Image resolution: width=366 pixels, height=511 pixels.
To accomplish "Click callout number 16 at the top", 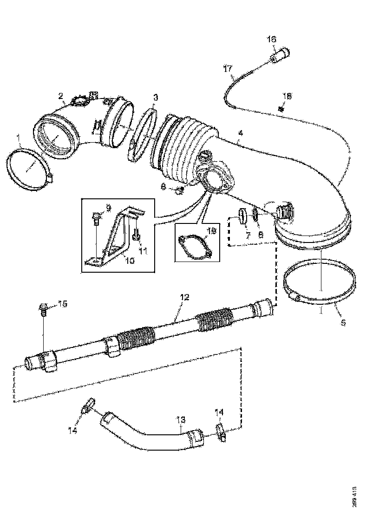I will tap(271, 40).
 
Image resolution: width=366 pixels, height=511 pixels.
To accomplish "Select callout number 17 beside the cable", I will tap(227, 69).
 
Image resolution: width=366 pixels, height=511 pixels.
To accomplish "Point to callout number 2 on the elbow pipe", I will tap(61, 96).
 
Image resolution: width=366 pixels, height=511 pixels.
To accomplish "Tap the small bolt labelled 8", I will tap(179, 190).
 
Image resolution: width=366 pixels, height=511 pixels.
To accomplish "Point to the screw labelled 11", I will tap(135, 235).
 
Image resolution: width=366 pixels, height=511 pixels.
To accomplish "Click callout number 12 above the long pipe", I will tap(185, 296).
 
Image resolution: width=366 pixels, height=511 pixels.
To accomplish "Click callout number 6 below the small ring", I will tap(261, 235).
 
